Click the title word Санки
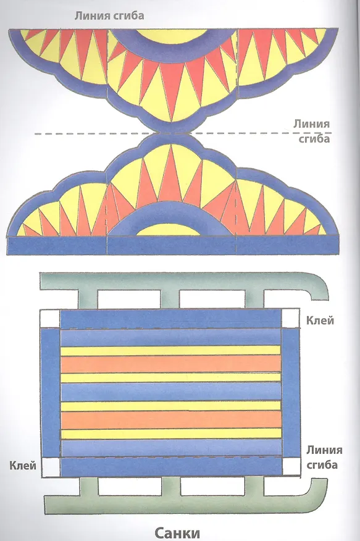click(177, 532)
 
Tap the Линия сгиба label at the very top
click(109, 16)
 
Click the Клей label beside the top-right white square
click(320, 321)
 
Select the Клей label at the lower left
click(23, 466)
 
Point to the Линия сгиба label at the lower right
click(324, 457)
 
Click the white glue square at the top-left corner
click(51, 319)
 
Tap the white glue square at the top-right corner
click(290, 318)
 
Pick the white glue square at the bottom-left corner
click(51, 468)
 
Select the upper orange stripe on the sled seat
click(170, 364)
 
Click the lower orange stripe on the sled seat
click(171, 420)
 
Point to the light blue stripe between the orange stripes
click(171, 392)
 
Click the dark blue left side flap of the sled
click(51, 393)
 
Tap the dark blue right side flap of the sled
click(291, 393)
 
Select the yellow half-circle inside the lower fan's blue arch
click(169, 230)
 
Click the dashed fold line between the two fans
click(183, 133)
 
